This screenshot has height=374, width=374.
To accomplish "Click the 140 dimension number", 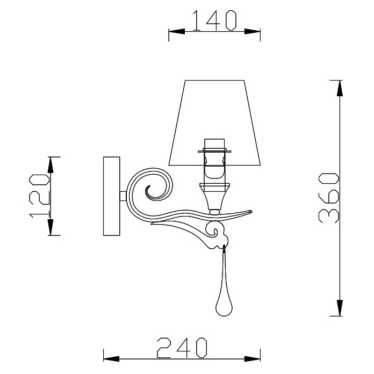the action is tap(214, 21).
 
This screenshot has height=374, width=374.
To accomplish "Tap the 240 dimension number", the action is tap(182, 348).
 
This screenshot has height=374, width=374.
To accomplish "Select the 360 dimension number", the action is tap(329, 198).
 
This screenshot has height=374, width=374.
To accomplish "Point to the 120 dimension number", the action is tap(39, 196).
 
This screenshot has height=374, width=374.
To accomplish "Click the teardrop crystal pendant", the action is tap(224, 282).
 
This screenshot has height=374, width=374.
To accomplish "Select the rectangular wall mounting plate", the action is tap(111, 196).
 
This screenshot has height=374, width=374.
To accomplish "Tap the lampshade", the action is tap(214, 123).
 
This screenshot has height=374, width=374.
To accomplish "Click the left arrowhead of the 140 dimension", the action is tap(176, 32).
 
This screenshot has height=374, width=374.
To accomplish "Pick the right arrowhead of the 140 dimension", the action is tap(253, 32).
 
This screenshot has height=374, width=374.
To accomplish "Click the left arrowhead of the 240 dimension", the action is tap(111, 359).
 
